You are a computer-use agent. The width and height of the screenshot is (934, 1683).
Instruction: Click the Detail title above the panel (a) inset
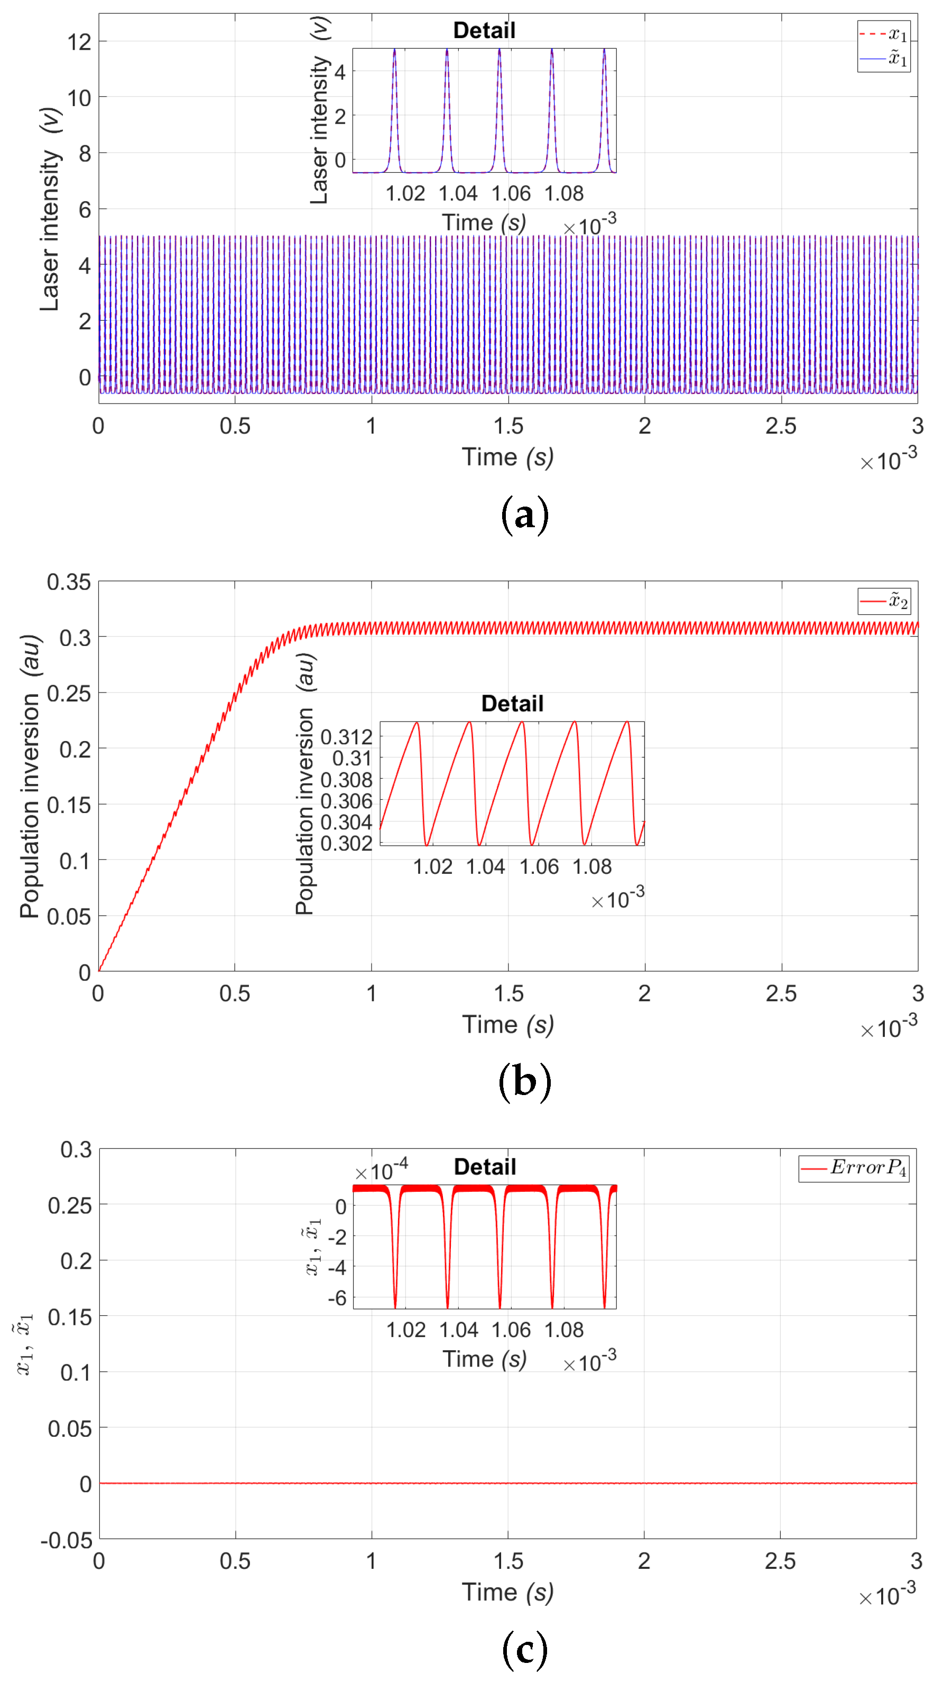coord(484,30)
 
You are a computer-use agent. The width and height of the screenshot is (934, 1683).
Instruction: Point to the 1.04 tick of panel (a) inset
coord(458,193)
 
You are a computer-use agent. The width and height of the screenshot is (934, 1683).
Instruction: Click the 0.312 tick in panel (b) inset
coord(346,737)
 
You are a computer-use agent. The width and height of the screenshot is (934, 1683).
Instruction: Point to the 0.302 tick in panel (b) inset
coord(346,844)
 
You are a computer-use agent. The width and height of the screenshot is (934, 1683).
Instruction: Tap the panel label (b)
coord(524,1081)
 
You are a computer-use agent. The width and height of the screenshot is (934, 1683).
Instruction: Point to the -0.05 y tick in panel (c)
coord(67,1540)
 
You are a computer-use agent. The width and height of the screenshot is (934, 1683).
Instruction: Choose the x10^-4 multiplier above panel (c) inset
coord(381,1170)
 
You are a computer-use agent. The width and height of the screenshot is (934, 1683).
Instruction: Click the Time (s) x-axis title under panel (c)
coord(507,1592)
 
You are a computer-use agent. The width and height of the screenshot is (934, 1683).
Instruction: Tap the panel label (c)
coord(524,1649)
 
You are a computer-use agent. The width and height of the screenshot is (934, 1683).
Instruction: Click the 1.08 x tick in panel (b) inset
coord(591,866)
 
